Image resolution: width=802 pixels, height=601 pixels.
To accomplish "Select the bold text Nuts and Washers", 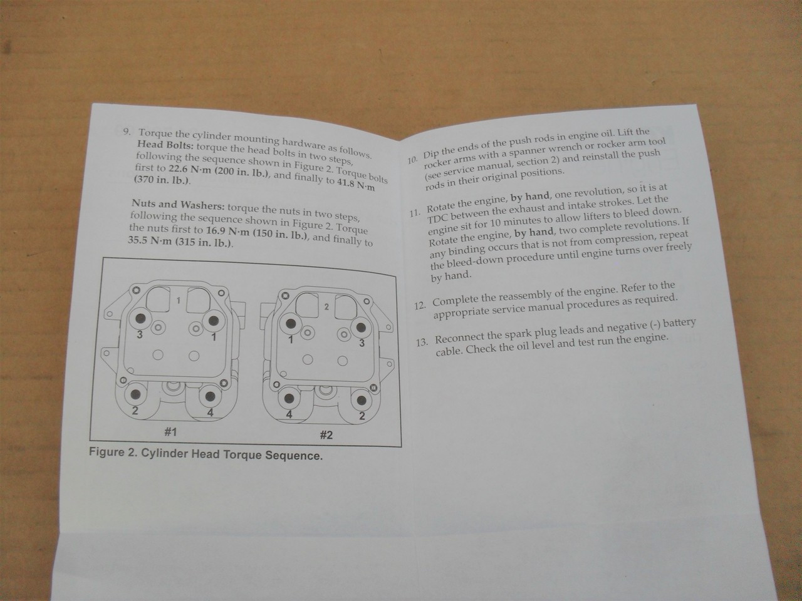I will [177, 204].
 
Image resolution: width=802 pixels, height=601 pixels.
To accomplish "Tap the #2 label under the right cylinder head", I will [326, 434].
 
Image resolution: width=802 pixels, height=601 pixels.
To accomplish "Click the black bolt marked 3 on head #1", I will [140, 318].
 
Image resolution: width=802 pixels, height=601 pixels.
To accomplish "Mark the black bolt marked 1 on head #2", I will [291, 324].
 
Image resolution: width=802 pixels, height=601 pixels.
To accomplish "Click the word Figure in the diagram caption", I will [107, 453].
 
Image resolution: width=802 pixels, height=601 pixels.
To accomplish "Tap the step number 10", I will [412, 160].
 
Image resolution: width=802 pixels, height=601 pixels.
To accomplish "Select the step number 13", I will [422, 342].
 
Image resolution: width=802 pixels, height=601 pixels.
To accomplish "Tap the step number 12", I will [421, 306].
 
